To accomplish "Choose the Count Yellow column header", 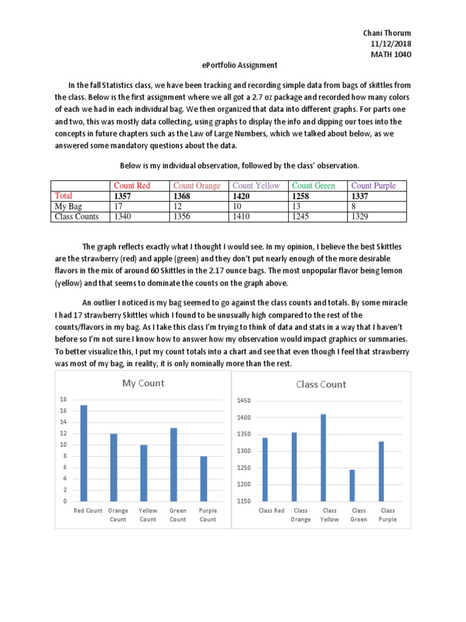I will coord(256,186).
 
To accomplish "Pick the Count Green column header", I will coord(313,186).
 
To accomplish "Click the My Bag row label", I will coord(69,206).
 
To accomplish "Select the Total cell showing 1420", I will coord(243,196).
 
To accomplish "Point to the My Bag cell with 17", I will coord(119,206).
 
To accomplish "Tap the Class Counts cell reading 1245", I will coord(302,216).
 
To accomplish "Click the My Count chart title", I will coord(143,383).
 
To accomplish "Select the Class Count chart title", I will coord(321,384).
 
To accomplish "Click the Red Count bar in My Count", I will coord(84,453).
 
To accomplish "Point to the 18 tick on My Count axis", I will coord(63,400).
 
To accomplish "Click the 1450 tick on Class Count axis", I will coord(243,401).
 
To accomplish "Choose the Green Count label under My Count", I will coord(178,515).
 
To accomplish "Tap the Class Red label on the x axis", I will coord(271,511).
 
